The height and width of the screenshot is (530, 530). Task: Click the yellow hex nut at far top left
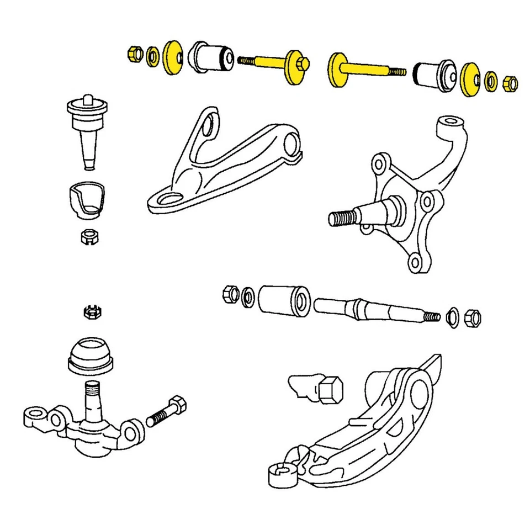[133, 55]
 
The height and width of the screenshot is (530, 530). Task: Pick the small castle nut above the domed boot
[91, 312]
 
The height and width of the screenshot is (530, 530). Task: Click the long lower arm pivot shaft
[370, 310]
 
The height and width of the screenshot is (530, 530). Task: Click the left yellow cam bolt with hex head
[276, 63]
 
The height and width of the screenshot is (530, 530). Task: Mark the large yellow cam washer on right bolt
[337, 70]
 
